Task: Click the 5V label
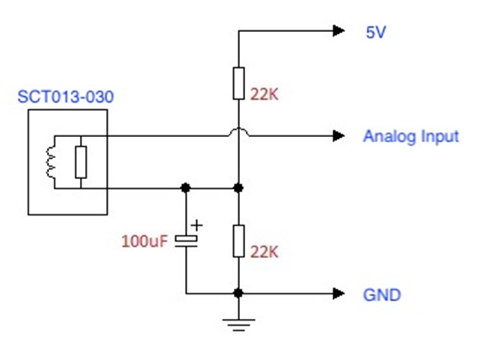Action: point(375,32)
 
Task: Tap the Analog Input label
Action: point(411,136)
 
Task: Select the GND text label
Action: point(382,294)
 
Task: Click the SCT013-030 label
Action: point(66,97)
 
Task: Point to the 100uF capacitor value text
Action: point(145,241)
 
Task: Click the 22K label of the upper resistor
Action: point(264,94)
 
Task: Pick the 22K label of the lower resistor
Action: point(264,252)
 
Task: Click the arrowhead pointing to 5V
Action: point(338,30)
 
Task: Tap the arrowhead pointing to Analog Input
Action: point(338,136)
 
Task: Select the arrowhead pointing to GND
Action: point(338,294)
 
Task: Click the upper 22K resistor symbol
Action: point(238,83)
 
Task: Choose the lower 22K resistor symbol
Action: point(238,241)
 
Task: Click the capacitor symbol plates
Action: point(186,241)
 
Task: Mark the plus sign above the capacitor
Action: point(197,225)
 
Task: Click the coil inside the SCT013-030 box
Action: point(51,162)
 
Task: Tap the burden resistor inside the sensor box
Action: point(81,162)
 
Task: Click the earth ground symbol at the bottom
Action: point(238,325)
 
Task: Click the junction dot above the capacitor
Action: point(185,188)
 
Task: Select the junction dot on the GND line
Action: point(238,294)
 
